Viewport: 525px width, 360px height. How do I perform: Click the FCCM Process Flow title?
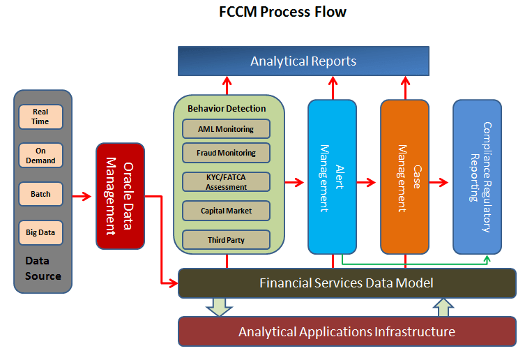click(282, 13)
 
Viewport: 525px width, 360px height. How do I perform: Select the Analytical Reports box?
click(303, 61)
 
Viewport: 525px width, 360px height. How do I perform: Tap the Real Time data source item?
click(40, 117)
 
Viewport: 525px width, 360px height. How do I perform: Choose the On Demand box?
click(40, 155)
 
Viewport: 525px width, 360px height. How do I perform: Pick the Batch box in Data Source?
click(40, 194)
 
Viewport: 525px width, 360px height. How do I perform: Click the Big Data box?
click(40, 232)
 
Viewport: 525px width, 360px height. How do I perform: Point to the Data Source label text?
click(43, 268)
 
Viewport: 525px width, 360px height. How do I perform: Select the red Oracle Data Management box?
click(120, 196)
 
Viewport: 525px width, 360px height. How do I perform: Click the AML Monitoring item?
click(226, 129)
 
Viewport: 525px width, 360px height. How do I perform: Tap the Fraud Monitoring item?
click(226, 153)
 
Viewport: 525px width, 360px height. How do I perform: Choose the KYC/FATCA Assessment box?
click(226, 182)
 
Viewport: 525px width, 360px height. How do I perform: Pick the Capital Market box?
click(226, 211)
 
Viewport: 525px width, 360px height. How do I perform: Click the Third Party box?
click(226, 240)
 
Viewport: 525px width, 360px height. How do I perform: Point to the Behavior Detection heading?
click(227, 109)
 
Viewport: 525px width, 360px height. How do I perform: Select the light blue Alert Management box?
click(332, 177)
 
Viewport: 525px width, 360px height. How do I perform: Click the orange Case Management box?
click(404, 177)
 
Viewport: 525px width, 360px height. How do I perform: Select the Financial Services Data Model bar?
click(347, 283)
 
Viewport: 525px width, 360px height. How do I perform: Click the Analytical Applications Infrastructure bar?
click(347, 331)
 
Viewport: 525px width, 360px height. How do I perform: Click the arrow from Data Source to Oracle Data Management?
click(82, 196)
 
